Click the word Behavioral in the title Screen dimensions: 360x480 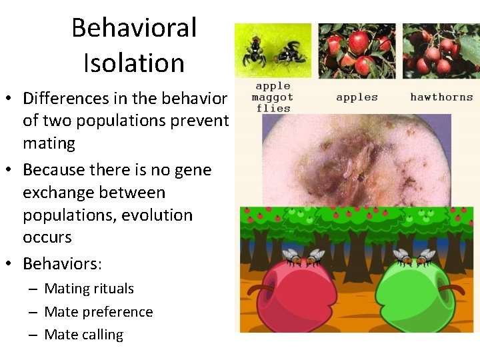pyautogui.click(x=134, y=28)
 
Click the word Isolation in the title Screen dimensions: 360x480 pyautogui.click(x=134, y=63)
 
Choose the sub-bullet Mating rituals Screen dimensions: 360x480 pyautogui.click(x=89, y=289)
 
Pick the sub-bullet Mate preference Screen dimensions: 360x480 pyautogui.click(x=98, y=312)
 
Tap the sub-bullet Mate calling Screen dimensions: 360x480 pyautogui.click(x=83, y=335)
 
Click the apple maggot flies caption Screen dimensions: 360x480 pyautogui.click(x=273, y=97)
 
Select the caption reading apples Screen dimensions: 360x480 pyautogui.click(x=357, y=97)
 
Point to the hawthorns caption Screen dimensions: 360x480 pyautogui.click(x=441, y=97)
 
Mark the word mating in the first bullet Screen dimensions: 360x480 pyautogui.click(x=49, y=143)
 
